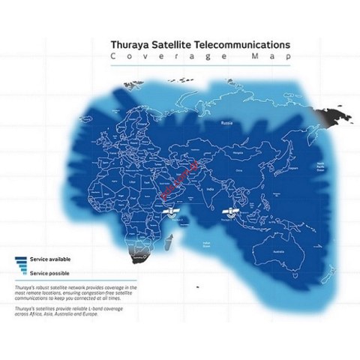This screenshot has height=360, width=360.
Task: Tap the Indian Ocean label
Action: [x=201, y=242]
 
